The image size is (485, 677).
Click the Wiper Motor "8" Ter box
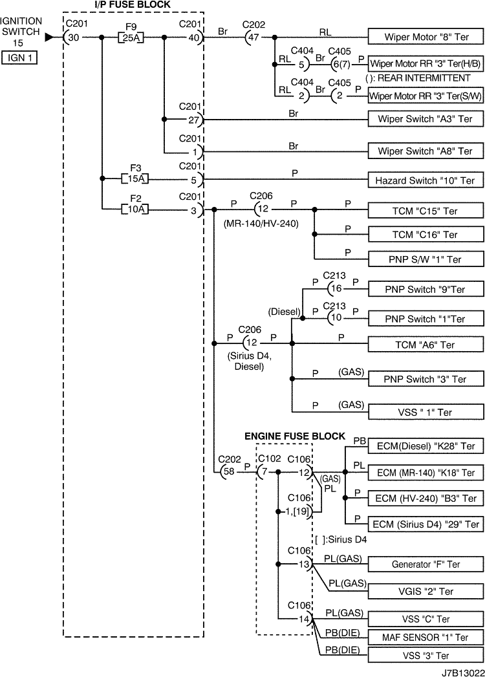click(x=426, y=38)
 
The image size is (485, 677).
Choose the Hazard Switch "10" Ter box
click(x=426, y=180)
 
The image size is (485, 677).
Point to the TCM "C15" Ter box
click(x=426, y=211)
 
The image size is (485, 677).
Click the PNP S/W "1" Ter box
click(x=426, y=259)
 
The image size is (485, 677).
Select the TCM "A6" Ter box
click(x=426, y=345)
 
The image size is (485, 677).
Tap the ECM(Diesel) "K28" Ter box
click(x=426, y=446)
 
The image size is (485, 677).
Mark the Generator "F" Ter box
click(x=426, y=564)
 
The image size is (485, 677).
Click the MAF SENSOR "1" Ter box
click(x=426, y=638)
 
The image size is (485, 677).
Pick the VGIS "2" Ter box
click(x=426, y=591)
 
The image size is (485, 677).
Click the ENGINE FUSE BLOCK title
click(x=294, y=436)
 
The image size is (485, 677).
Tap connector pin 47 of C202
click(x=254, y=38)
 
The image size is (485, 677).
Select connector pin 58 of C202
click(x=229, y=472)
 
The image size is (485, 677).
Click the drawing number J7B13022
click(x=462, y=672)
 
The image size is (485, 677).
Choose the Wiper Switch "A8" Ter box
click(x=426, y=151)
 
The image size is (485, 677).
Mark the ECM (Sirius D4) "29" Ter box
click(x=426, y=524)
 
